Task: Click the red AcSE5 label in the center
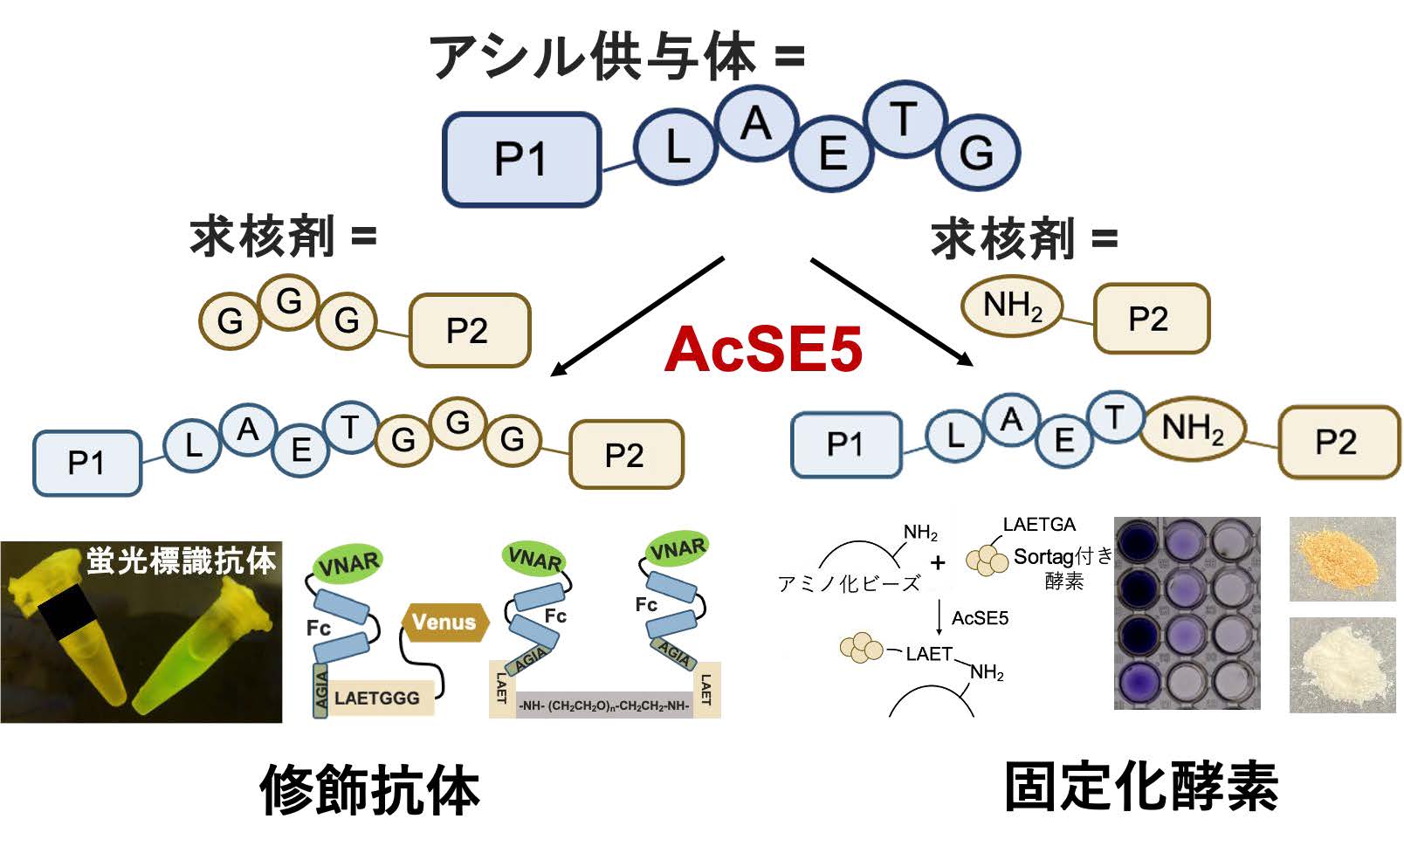pos(763,348)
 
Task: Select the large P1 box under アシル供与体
pos(521,159)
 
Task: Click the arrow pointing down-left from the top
pos(637,316)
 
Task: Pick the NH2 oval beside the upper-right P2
pos(1012,306)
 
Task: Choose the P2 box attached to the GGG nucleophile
pos(469,330)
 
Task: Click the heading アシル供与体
pos(594,58)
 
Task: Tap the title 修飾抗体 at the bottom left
pos(369,789)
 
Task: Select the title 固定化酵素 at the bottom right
pos(1140,787)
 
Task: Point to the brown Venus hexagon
pos(444,622)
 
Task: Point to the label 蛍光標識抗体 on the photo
pos(181,560)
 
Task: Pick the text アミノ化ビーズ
pos(849,583)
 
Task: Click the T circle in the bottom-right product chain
pos(1114,417)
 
